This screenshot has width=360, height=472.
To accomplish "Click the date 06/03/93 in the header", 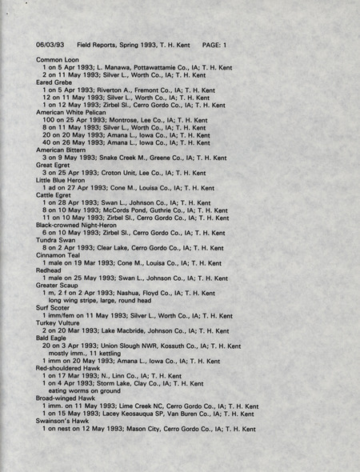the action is point(50,45).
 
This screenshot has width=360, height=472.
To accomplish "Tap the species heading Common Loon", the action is point(58,60).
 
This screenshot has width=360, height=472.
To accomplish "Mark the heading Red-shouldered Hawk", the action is point(70,368).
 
